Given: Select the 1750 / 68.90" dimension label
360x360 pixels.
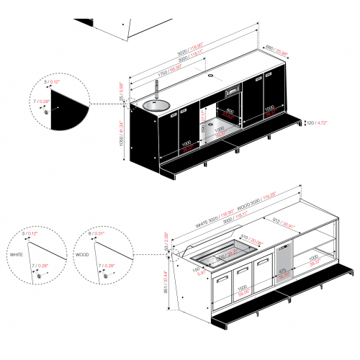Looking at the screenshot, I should coord(163,73).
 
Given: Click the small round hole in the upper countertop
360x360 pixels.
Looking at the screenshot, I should coord(211,75).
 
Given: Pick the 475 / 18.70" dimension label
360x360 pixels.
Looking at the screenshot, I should coord(284,272).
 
